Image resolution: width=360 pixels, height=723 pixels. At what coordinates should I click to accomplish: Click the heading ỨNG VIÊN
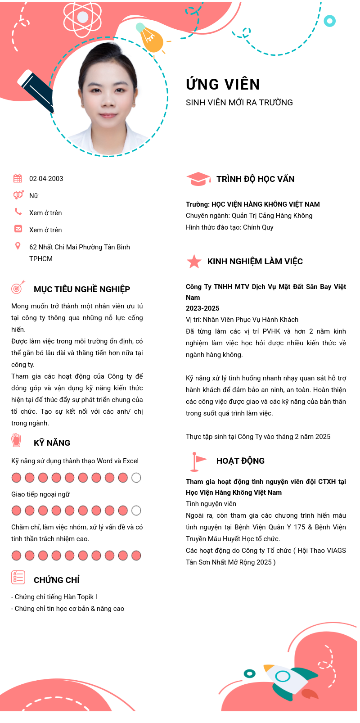(223, 85)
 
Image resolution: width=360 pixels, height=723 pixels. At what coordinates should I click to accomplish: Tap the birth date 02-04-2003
(46, 179)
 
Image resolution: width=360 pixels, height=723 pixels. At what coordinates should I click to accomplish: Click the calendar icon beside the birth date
(18, 178)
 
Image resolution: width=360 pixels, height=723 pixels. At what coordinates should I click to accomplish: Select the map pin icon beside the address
(18, 246)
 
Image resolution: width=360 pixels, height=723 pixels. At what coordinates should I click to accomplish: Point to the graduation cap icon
(198, 179)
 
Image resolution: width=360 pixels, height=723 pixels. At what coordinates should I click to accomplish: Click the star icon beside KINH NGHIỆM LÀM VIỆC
(194, 262)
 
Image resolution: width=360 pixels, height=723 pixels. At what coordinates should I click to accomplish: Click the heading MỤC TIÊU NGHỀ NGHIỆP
(82, 289)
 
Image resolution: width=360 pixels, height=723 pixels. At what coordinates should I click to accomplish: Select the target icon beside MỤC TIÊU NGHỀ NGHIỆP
(18, 287)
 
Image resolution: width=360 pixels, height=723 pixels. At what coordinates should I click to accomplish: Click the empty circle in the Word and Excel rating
(136, 478)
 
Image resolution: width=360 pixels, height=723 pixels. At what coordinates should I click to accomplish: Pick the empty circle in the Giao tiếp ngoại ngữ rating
(136, 511)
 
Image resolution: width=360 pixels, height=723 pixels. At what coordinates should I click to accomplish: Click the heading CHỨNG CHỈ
(57, 580)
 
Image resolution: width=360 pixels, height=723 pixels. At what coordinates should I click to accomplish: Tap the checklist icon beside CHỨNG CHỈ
(18, 577)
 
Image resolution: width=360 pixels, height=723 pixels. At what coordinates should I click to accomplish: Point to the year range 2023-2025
(202, 308)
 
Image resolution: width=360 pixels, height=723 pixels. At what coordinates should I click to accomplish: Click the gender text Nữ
(34, 196)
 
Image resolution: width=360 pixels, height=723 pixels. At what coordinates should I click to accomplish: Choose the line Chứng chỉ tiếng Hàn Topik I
(54, 597)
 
